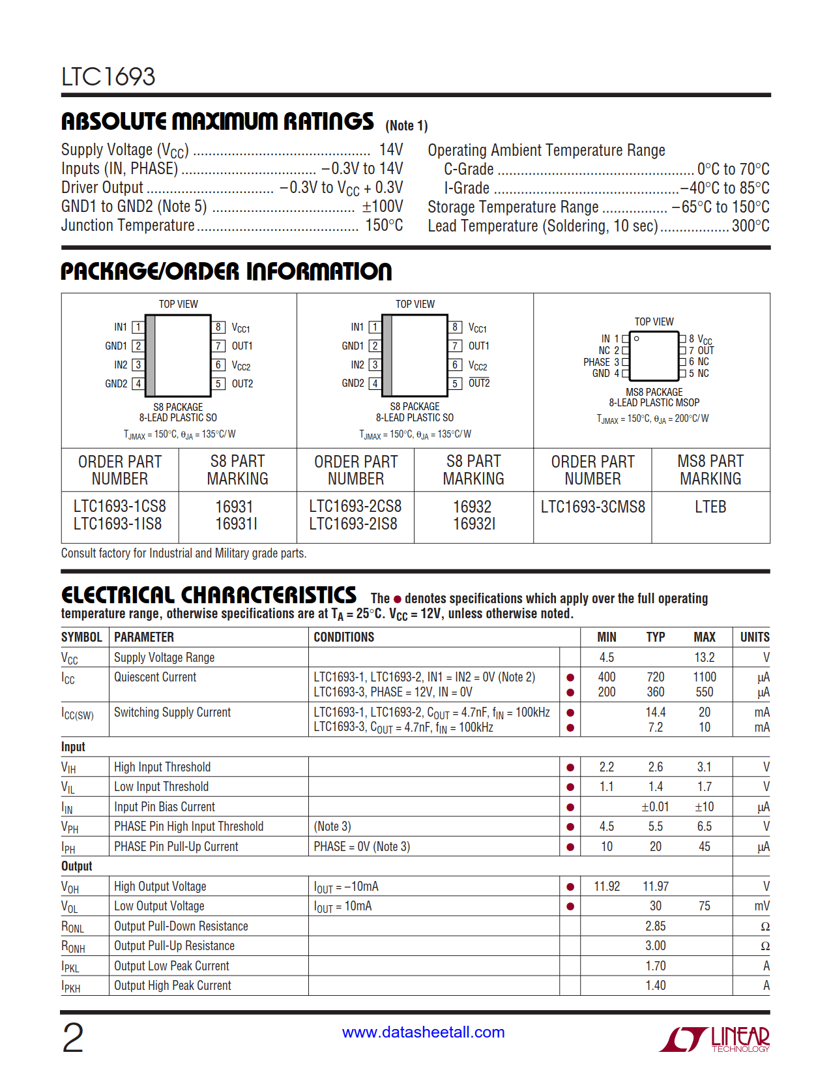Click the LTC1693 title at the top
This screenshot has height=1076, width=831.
[108, 77]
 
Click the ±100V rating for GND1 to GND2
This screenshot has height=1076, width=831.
[382, 207]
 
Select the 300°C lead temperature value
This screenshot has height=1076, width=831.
[750, 226]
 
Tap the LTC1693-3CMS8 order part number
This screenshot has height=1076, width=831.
[592, 507]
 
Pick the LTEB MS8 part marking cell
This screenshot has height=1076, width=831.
[710, 507]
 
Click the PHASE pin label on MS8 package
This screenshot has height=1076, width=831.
[596, 362]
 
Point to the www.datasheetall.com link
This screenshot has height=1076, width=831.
[423, 1032]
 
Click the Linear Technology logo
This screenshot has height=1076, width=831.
[714, 1039]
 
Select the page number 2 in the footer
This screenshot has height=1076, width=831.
[72, 1038]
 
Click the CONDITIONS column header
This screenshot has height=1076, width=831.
[343, 637]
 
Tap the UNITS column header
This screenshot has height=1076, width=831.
[754, 637]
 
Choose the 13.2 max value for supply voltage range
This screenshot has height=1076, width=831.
[704, 657]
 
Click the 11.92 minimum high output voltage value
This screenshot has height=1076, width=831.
[606, 886]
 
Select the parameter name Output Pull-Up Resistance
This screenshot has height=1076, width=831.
[174, 946]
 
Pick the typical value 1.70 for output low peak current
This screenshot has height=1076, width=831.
[655, 966]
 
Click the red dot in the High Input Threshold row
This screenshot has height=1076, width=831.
[570, 768]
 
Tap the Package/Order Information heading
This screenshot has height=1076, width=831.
[226, 271]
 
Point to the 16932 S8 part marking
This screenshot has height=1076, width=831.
[472, 507]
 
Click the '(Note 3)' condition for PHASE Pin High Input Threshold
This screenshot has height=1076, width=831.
[332, 826]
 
